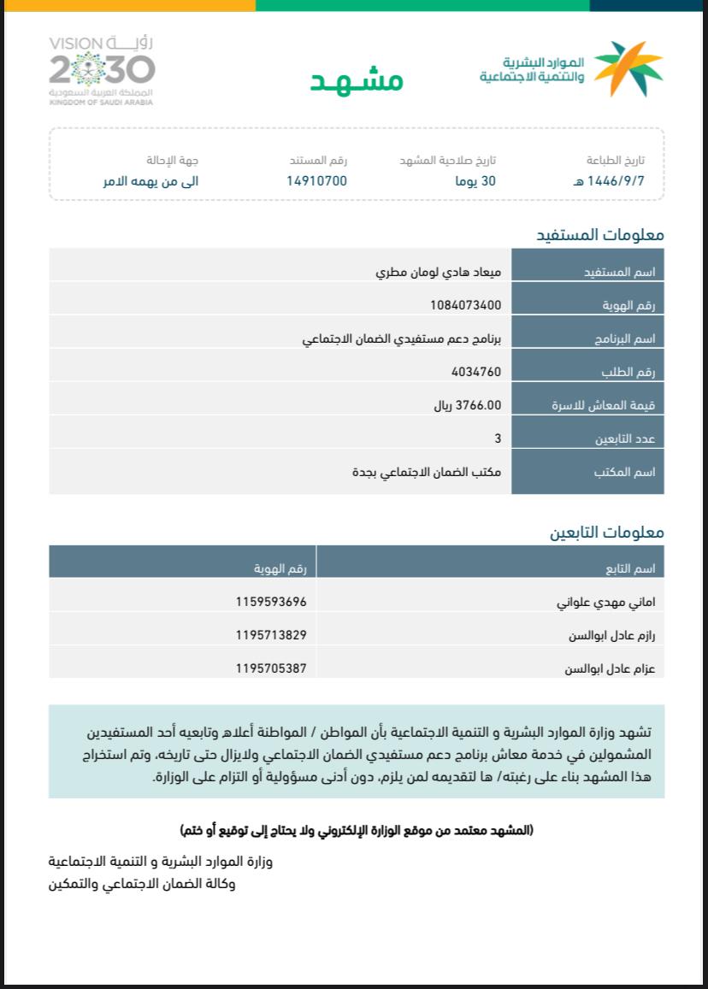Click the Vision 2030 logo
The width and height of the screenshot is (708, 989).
tap(102, 70)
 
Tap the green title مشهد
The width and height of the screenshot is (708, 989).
tap(357, 80)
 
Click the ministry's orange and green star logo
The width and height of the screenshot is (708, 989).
tap(628, 69)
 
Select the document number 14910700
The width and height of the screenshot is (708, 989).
tap(316, 181)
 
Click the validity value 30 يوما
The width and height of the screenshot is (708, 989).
tap(475, 181)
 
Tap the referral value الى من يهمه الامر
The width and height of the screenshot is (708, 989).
tap(150, 181)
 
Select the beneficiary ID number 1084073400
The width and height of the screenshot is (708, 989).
tap(466, 304)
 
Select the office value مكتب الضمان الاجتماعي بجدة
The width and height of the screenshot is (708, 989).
tap(428, 472)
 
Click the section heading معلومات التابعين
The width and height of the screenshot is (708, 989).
tap(607, 532)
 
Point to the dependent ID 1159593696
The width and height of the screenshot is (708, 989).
tap(271, 602)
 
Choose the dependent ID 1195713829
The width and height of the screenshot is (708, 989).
tap(271, 635)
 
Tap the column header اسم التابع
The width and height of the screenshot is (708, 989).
tap(630, 568)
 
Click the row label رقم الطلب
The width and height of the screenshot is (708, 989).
tap(633, 373)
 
